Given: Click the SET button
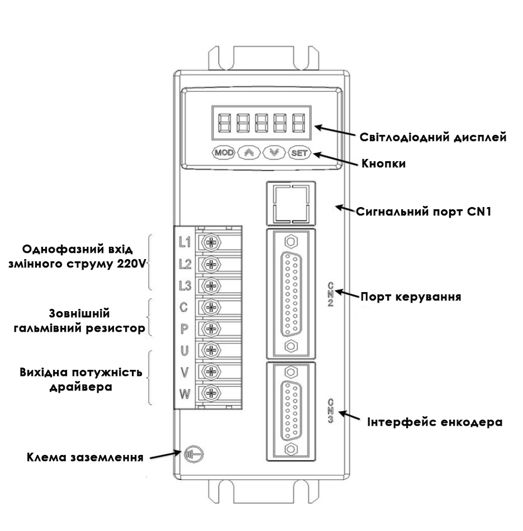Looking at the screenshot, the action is pos(299,153).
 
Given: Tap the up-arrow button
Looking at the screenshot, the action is pos(249,153).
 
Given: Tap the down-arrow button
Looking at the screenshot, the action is pos(274,153).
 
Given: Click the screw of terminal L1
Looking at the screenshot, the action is pos(211,242).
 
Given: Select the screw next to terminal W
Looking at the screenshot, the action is pos(211,393).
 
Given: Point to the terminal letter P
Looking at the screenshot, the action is pos(184,329).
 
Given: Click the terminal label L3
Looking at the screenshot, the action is pos(185,286).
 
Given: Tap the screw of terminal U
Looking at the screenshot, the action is pos(211,350).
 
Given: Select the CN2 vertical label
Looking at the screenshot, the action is pos(330,294).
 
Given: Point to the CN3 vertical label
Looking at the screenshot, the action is pos(330,411).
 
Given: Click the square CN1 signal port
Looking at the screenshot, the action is pos(291,204).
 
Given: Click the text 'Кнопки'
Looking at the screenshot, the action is pos(383,163).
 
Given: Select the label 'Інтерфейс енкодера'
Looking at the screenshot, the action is pos(435,422).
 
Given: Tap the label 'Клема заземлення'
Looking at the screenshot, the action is pos(85,457).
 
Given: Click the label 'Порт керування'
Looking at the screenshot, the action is pos(411,297).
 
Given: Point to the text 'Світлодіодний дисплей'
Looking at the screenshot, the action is pos(432,137).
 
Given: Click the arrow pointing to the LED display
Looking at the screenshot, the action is pos(335,131).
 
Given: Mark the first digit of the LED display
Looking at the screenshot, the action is pos(225,123).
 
